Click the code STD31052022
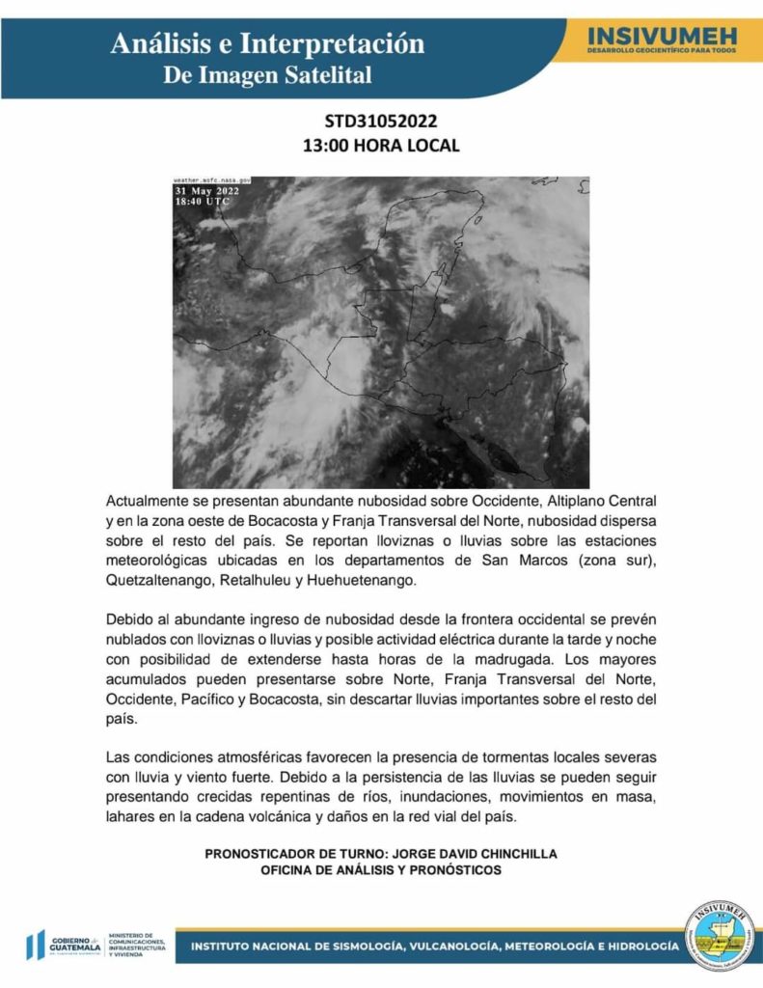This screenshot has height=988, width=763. tap(381, 122)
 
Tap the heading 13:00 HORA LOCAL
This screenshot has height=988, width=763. tap(381, 146)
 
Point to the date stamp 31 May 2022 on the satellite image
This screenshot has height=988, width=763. tap(206, 191)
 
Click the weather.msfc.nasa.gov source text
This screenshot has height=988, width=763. tap(212, 180)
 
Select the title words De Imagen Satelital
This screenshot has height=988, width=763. tap(267, 75)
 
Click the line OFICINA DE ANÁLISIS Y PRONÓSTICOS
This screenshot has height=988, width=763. tap(381, 869)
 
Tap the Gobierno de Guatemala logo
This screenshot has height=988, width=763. tap(64, 946)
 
